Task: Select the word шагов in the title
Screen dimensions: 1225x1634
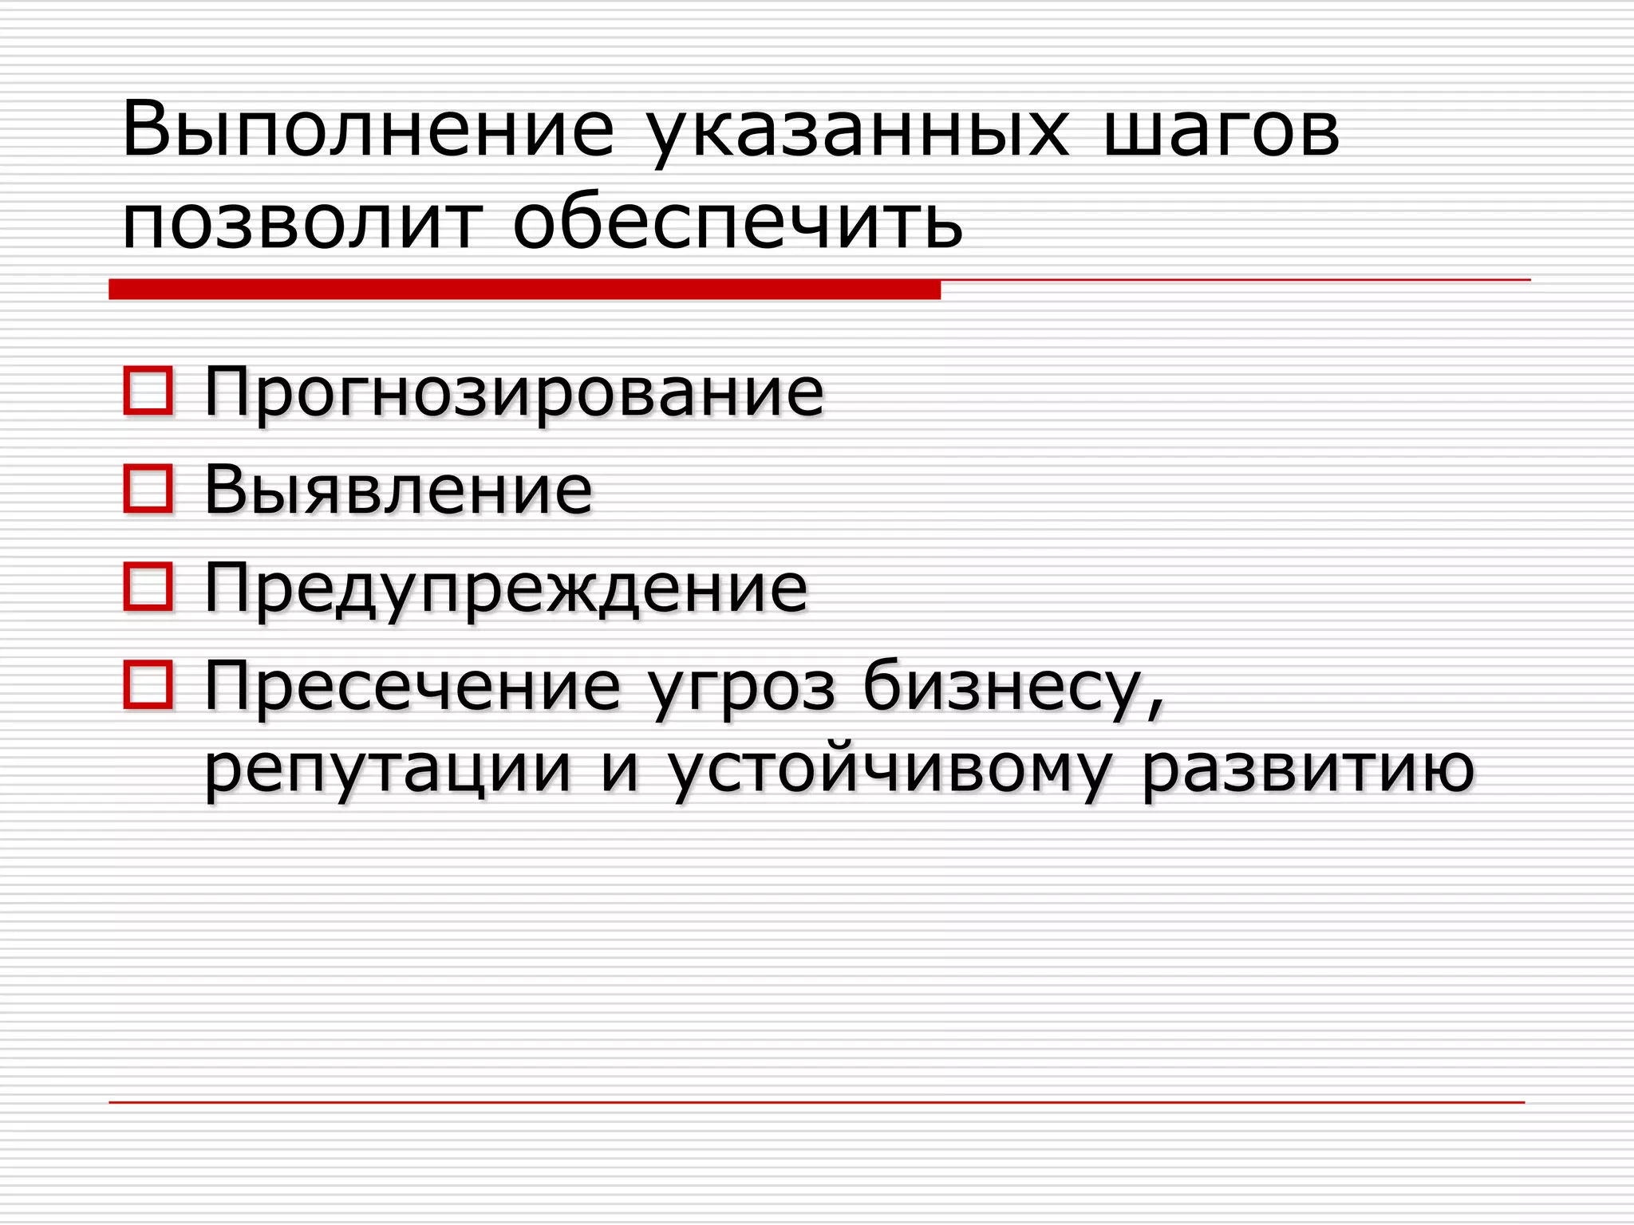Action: click(x=1221, y=132)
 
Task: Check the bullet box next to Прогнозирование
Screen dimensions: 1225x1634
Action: click(x=148, y=391)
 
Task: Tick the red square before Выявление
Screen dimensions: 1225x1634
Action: click(x=148, y=489)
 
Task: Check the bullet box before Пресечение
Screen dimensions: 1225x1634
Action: click(x=148, y=684)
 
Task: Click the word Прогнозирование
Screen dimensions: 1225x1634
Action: click(x=514, y=393)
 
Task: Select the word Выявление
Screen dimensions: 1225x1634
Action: click(x=398, y=490)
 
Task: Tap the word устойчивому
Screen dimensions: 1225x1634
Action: click(x=889, y=772)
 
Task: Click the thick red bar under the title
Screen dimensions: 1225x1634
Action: click(x=524, y=289)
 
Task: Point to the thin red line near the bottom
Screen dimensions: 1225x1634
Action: click(x=816, y=1102)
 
